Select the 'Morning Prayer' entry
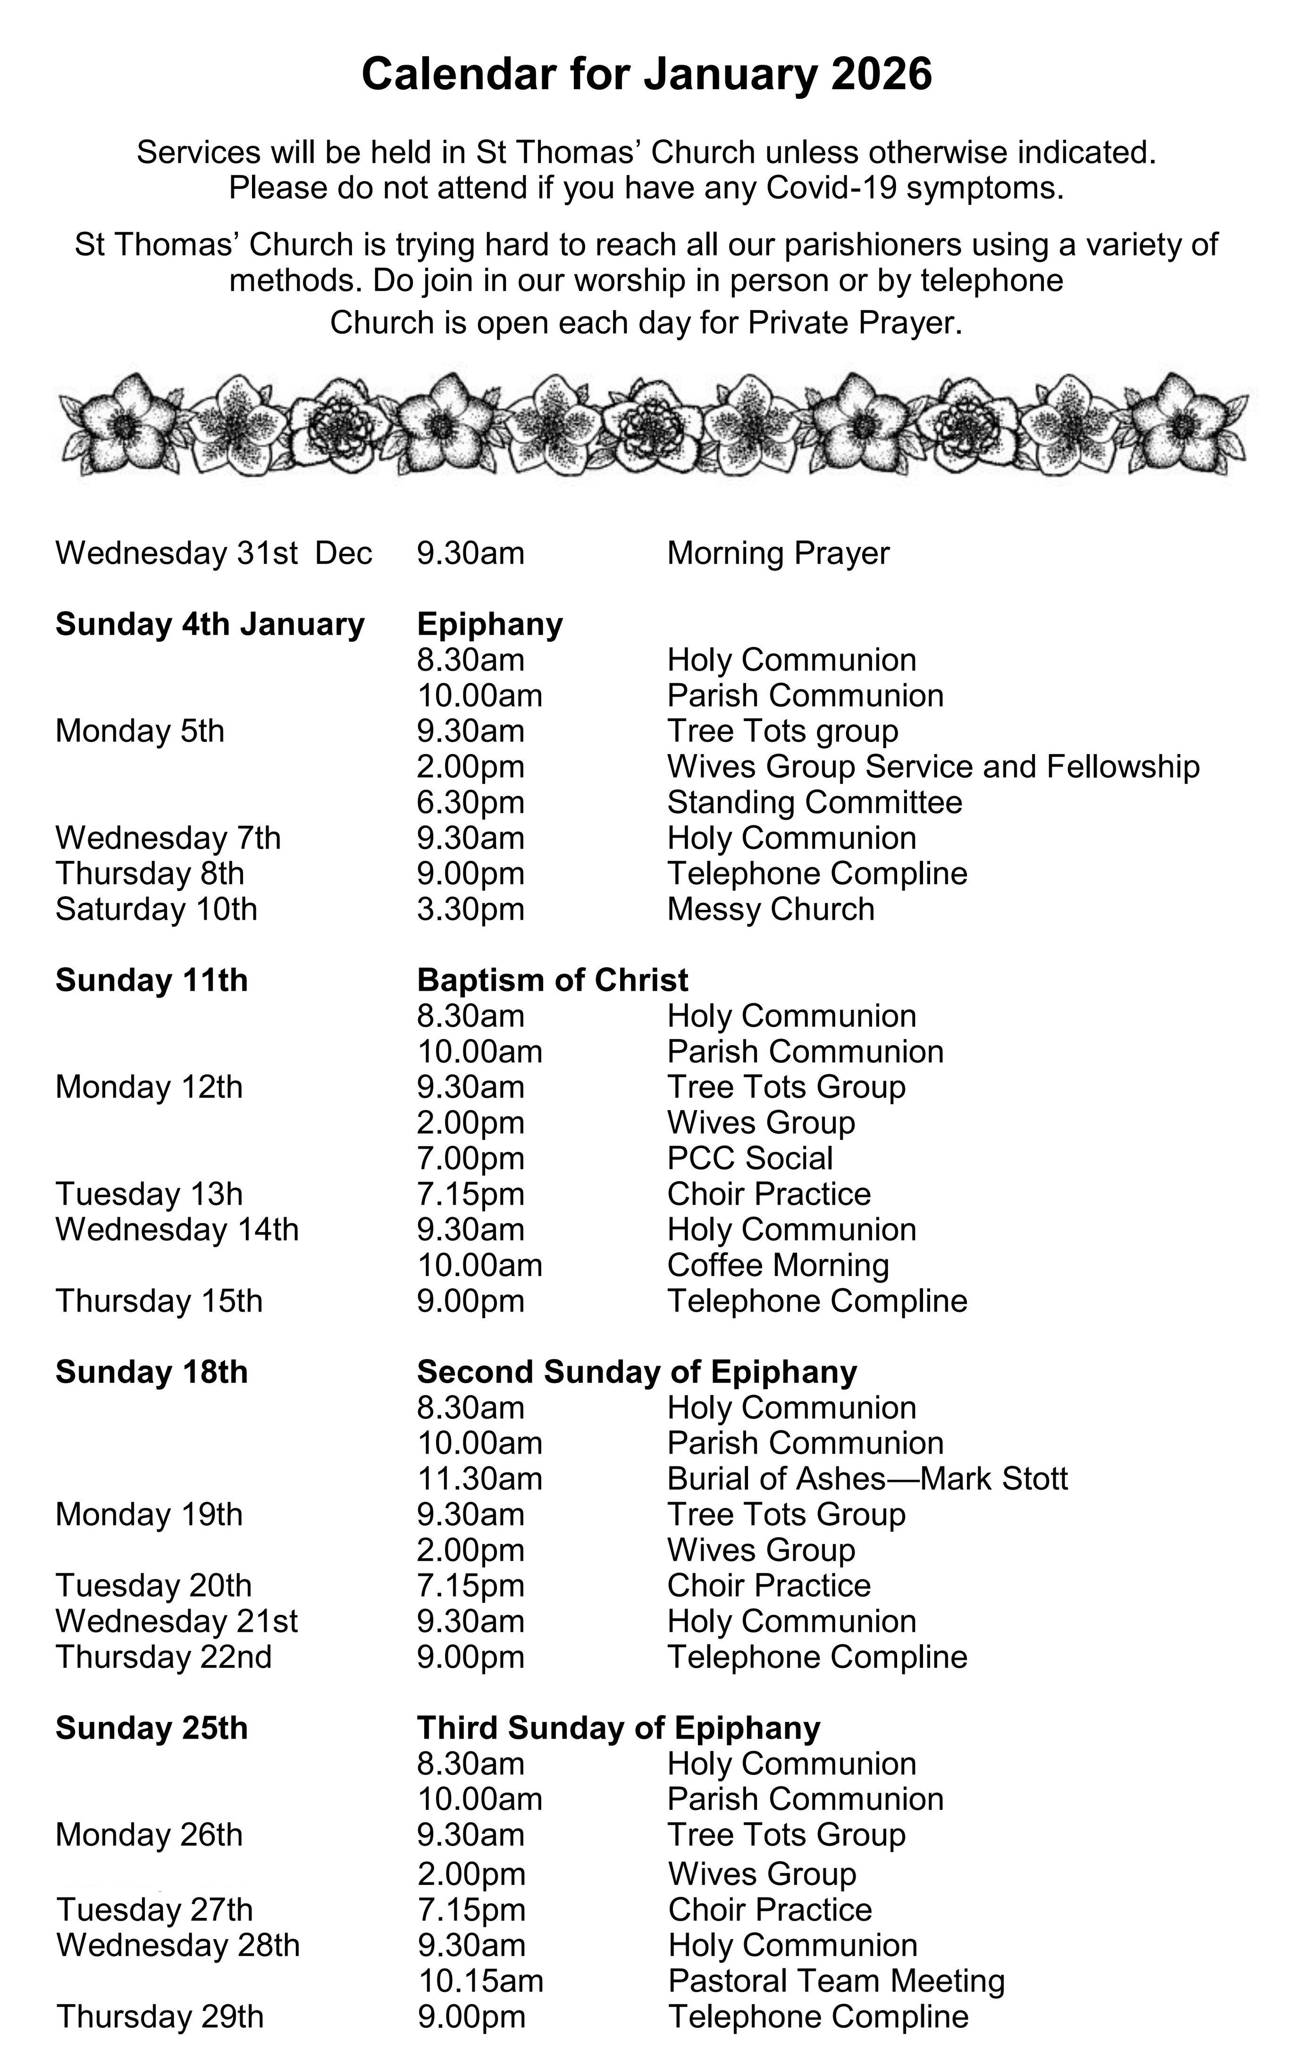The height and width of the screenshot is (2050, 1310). tap(778, 554)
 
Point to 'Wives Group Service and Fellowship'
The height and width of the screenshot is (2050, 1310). tap(933, 767)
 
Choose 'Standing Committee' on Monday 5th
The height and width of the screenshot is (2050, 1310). tap(815, 803)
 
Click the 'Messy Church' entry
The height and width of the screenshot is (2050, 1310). tap(770, 909)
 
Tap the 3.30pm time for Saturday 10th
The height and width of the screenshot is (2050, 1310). tap(470, 909)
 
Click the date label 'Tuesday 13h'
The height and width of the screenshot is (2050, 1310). tap(149, 1194)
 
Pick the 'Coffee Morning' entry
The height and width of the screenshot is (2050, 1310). tap(778, 1266)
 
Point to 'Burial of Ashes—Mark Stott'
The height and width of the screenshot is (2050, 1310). tap(866, 1479)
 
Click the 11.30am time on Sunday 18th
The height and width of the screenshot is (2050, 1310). tap(479, 1479)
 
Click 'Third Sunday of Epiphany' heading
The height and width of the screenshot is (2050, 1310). tap(618, 1728)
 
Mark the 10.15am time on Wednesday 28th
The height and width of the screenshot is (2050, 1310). tap(480, 1981)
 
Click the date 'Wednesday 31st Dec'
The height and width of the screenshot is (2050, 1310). tap(214, 554)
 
